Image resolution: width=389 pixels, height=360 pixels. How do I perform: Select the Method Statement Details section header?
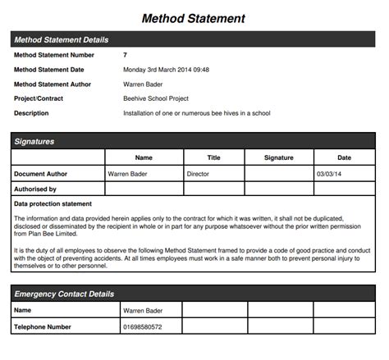click(x=62, y=39)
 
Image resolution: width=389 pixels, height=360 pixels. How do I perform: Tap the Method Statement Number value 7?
click(x=125, y=54)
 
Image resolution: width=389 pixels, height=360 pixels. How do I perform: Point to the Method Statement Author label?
click(x=53, y=84)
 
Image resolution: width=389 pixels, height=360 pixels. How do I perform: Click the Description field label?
click(x=32, y=113)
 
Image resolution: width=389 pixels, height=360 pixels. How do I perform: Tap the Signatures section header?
click(x=34, y=141)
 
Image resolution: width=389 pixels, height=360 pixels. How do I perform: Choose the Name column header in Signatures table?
click(x=144, y=157)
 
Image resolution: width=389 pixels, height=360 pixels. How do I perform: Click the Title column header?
click(x=213, y=157)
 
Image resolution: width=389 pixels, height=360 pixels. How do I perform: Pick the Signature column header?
click(x=279, y=157)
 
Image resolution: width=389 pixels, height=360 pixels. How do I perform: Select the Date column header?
click(x=344, y=157)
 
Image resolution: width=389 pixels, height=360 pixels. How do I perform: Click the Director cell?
click(x=199, y=174)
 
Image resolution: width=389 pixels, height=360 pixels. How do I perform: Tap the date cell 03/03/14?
click(x=330, y=174)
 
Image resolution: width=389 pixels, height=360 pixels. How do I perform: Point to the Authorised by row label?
click(x=35, y=189)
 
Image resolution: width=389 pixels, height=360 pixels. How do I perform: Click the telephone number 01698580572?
click(x=142, y=327)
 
